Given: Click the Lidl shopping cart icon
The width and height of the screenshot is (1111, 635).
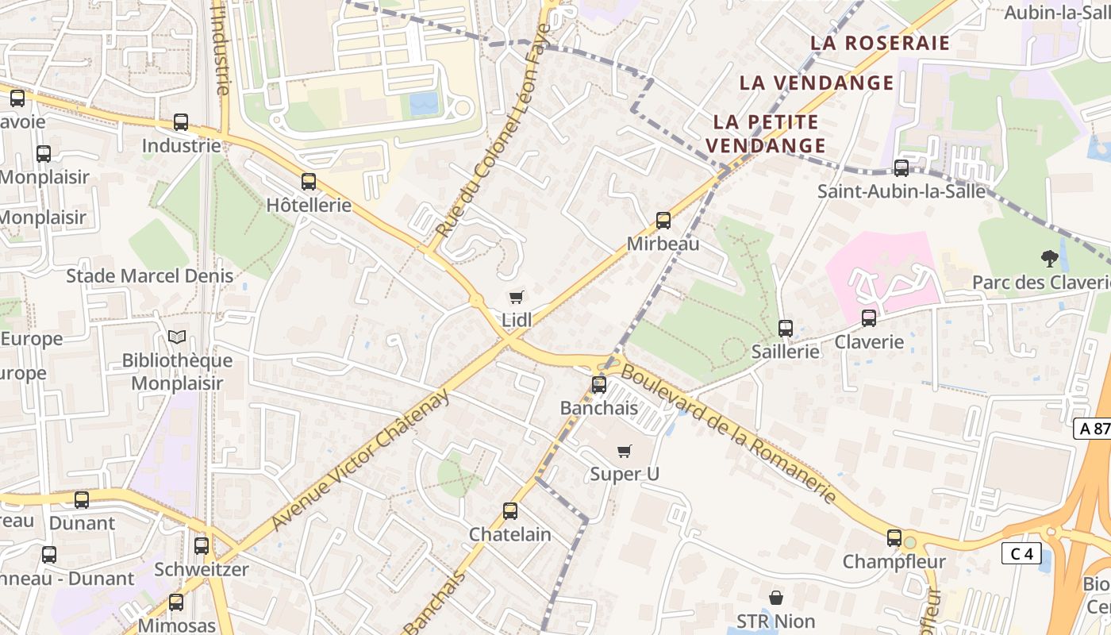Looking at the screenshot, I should [x=517, y=298].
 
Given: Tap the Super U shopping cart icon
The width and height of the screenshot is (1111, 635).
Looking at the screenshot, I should [x=625, y=452].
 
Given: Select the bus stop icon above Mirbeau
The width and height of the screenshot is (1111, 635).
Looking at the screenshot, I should [x=663, y=221].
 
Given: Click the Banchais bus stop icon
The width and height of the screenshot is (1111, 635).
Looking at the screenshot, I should [x=599, y=385].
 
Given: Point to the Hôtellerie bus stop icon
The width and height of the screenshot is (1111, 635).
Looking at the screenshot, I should [x=309, y=182].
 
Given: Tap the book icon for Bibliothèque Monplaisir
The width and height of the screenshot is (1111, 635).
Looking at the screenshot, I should [x=177, y=337].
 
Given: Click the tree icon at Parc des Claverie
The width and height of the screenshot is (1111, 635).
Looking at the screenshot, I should [x=1050, y=258].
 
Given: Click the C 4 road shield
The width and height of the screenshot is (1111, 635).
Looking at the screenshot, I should [x=1021, y=553].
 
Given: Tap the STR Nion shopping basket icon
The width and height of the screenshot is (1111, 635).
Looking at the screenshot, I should [x=776, y=597].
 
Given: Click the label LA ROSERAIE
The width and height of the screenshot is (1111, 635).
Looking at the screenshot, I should [x=880, y=43].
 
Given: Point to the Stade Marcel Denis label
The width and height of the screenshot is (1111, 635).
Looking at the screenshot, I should [x=150, y=276].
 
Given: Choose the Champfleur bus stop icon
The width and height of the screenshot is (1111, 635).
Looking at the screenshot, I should [x=894, y=538].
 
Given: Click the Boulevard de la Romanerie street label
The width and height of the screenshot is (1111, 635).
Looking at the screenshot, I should [x=728, y=433].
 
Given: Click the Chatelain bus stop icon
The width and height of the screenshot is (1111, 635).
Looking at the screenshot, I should [x=510, y=511].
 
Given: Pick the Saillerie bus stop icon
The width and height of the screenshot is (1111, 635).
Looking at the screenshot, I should [x=786, y=328].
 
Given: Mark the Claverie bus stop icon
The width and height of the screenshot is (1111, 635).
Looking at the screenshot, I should [x=869, y=318].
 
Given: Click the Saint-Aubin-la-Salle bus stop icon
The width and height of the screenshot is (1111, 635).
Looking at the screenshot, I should [x=901, y=168].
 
